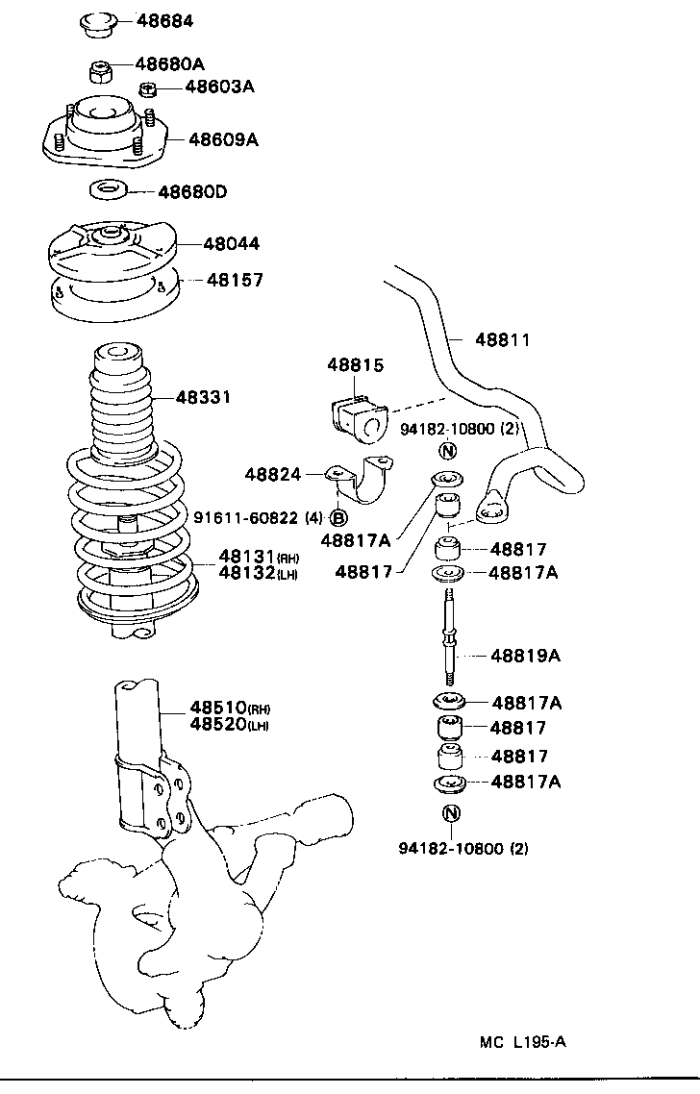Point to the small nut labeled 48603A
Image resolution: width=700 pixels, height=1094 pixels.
pyautogui.click(x=147, y=90)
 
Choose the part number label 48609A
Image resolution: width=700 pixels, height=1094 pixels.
pyautogui.click(x=223, y=139)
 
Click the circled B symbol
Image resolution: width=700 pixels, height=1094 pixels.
pyautogui.click(x=338, y=518)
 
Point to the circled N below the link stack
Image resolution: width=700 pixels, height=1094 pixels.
pyautogui.click(x=452, y=813)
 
